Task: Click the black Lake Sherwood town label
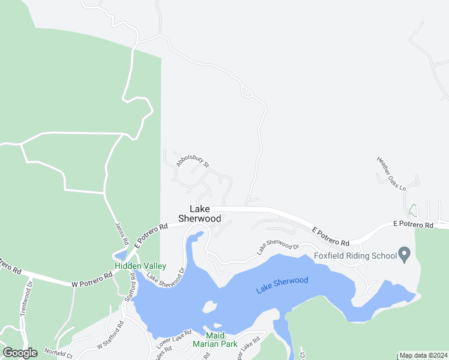(200, 214)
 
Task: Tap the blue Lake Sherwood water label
(282, 285)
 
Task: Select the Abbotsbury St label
(193, 160)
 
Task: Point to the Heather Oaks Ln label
(391, 173)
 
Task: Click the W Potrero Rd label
(92, 279)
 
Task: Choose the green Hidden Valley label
(140, 266)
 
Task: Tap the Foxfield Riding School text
(355, 256)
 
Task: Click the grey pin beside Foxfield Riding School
(404, 255)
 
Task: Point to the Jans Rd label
(122, 232)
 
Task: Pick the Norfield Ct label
(58, 354)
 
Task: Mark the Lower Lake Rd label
(173, 340)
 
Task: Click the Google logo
(20, 353)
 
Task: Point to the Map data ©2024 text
(423, 355)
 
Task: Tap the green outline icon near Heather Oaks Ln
(412, 210)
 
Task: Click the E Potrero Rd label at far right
(413, 225)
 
